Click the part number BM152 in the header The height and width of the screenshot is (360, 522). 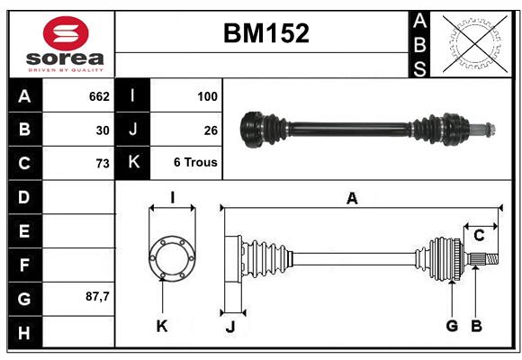(266, 33)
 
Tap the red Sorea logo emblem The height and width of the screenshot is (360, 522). (66, 33)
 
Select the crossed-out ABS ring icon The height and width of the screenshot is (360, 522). (475, 43)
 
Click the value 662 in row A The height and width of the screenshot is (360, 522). (99, 96)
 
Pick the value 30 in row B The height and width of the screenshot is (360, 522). (103, 130)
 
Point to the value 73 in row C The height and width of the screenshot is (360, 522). (103, 164)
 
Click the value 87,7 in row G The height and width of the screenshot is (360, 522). (97, 296)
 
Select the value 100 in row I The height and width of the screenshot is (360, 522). (207, 96)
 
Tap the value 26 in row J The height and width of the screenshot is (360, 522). (211, 130)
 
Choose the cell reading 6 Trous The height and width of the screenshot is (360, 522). (195, 162)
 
